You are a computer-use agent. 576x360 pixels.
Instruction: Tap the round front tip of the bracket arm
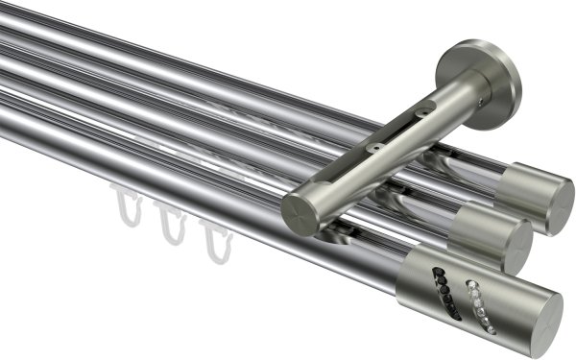pyautogui.click(x=300, y=210)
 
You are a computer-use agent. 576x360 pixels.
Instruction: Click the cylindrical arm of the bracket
pyautogui.click(x=384, y=154)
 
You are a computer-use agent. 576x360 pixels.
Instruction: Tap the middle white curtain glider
pyautogui.click(x=171, y=223)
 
